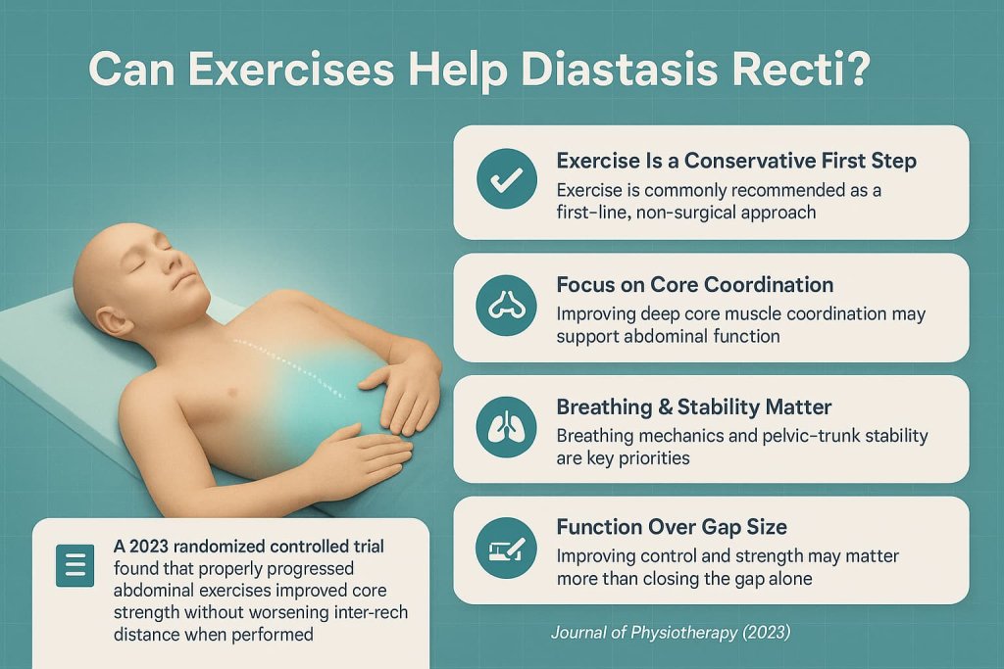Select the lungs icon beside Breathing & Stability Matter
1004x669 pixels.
click(505, 429)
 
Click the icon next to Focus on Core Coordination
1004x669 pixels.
click(505, 307)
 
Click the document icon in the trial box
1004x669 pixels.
click(75, 564)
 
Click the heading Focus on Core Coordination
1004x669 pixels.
click(694, 285)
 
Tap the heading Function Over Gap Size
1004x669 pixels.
click(671, 527)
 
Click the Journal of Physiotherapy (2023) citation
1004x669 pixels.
click(670, 632)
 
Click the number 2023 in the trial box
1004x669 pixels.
click(153, 546)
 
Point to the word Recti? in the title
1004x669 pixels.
click(806, 73)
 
